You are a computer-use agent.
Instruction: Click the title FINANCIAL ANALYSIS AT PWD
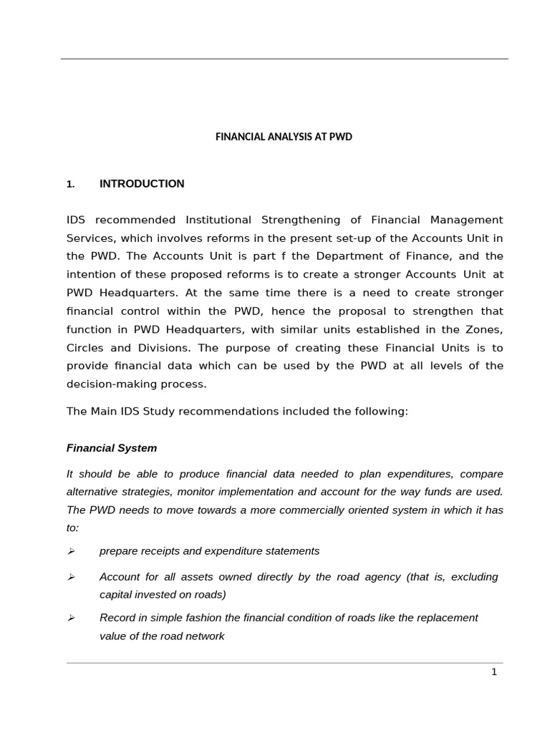pos(284,137)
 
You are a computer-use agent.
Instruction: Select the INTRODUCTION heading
pos(142,184)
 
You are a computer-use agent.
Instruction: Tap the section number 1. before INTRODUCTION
pos(70,185)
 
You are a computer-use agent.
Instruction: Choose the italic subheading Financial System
pos(112,448)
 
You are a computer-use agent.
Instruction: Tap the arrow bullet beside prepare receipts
pos(71,551)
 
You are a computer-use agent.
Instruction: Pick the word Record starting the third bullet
pos(116,618)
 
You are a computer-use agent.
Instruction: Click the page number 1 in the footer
pos(494,672)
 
